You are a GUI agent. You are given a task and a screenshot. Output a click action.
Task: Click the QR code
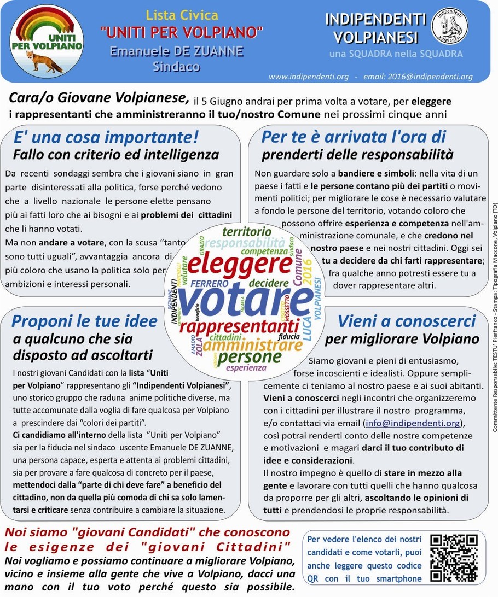454,558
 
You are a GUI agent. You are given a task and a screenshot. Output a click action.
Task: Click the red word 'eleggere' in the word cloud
240,264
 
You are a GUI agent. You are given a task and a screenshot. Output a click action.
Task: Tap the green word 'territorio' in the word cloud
246,231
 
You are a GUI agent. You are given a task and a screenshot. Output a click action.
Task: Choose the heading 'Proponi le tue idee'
84,321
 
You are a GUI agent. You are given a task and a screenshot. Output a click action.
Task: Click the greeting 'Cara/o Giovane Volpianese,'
99,98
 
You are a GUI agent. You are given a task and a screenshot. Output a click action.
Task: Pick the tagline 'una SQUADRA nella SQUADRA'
396,54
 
